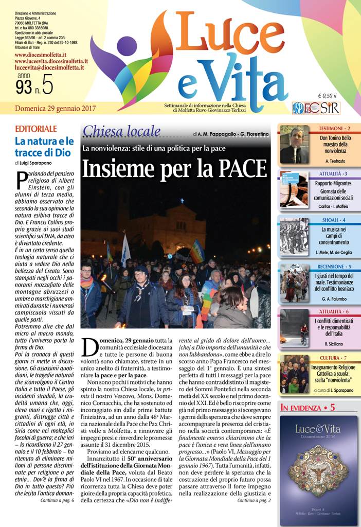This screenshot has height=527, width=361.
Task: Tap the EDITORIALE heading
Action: tap(36, 129)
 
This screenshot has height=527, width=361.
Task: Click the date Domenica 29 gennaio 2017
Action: tap(56, 109)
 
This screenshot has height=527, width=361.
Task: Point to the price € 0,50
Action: tap(327, 96)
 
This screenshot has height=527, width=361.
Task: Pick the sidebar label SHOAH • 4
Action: tap(334, 220)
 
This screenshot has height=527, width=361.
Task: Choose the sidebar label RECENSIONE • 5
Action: tap(334, 267)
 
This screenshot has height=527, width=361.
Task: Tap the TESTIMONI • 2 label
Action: tap(334, 128)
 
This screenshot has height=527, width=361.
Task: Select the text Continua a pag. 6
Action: tap(57, 500)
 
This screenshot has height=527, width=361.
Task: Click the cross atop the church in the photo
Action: tap(182, 201)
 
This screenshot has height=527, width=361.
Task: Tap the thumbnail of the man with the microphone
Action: tap(295, 145)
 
